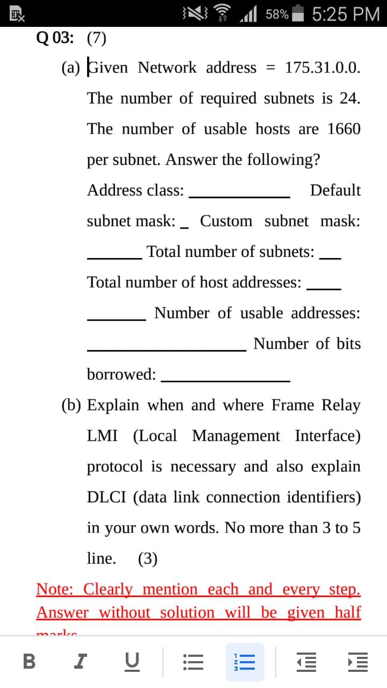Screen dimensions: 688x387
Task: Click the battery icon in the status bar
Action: coord(298,13)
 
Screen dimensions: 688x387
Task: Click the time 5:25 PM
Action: coord(345,13)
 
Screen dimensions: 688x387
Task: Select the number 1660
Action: coord(343,129)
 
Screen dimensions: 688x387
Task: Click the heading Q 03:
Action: coord(55,38)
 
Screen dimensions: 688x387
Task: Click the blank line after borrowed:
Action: coord(226,381)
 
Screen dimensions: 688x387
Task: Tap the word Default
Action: coord(335,190)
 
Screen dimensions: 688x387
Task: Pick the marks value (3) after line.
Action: coord(147,559)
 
